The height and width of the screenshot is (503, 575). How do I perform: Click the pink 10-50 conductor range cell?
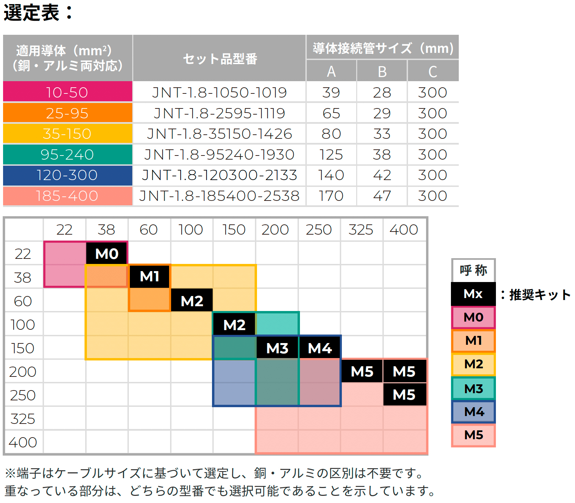click(67, 92)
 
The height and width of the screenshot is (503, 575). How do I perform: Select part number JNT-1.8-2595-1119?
click(219, 113)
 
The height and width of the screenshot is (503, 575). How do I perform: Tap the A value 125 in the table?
click(331, 155)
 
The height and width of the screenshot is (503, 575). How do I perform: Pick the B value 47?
click(382, 196)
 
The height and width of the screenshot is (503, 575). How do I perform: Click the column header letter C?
click(433, 72)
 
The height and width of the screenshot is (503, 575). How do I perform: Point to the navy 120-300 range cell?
click(67, 175)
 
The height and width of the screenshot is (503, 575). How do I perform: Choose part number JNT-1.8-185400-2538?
click(219, 196)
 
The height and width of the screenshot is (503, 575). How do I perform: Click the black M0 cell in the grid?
click(107, 253)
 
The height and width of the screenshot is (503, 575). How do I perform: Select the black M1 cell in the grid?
click(149, 276)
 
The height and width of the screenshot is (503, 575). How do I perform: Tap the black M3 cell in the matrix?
click(277, 348)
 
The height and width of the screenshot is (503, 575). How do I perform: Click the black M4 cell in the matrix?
click(320, 348)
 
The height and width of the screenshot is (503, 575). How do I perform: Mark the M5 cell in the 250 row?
click(404, 395)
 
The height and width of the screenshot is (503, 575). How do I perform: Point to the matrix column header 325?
click(361, 230)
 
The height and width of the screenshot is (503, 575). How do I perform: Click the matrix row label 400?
click(23, 442)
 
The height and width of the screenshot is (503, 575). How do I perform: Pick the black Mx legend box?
click(473, 294)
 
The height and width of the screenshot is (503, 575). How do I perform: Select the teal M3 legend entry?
click(473, 388)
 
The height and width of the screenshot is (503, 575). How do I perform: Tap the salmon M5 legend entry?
click(473, 435)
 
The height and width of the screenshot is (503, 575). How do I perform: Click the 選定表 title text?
click(32, 13)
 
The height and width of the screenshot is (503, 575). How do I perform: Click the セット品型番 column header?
click(220, 59)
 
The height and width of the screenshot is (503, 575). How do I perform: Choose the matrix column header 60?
click(149, 230)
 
